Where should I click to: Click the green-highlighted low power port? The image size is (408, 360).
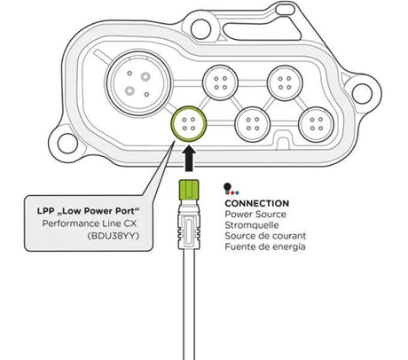189,124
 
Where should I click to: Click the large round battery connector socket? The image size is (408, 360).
138,83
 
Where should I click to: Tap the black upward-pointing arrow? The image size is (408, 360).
189,160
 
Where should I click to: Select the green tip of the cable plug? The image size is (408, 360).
189,189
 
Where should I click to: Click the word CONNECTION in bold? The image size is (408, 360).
257,203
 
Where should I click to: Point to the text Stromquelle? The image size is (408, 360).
252,225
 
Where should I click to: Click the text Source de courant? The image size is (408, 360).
265,236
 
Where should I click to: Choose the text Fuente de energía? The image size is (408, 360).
265,247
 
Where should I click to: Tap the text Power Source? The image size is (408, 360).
255,214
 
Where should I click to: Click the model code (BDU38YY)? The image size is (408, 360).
113,236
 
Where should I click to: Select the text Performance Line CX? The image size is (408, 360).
90,223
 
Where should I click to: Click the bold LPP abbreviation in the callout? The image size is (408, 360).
45,211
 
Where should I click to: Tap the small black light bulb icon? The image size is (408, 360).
227,188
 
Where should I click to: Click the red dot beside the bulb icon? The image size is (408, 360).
232,192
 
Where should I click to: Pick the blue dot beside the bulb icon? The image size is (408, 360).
237,192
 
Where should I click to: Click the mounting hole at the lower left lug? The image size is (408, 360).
67,144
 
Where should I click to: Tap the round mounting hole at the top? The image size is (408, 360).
201,29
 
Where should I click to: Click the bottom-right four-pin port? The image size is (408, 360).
316,124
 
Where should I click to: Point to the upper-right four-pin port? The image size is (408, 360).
285,82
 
